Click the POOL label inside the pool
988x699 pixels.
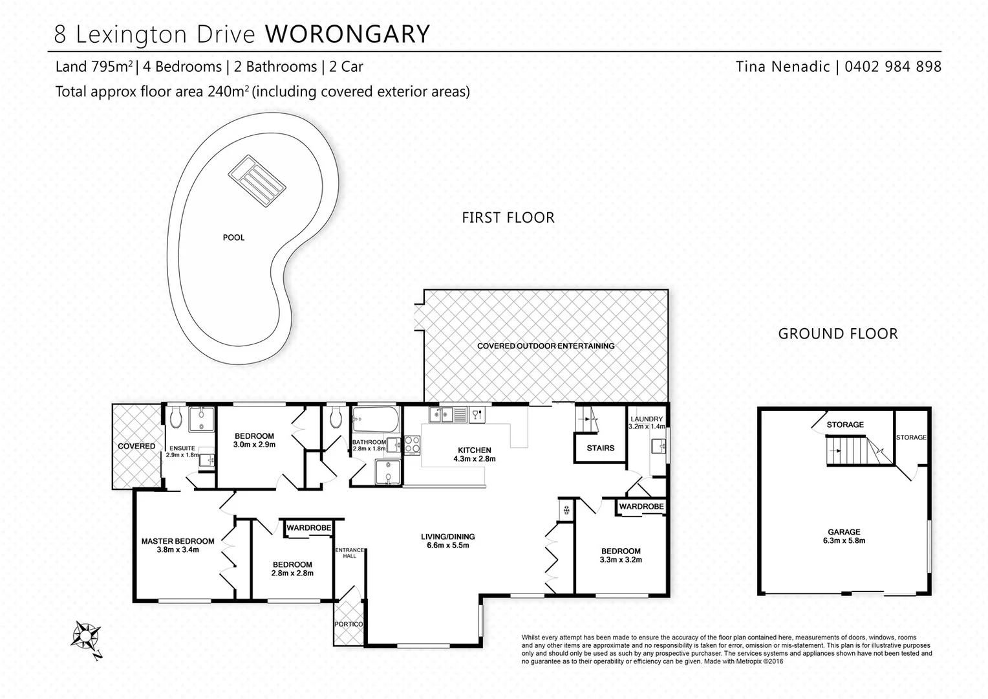pyautogui.click(x=233, y=238)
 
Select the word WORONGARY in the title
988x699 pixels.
pyautogui.click(x=347, y=34)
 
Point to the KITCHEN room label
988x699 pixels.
pyautogui.click(x=475, y=450)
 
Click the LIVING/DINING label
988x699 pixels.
pyautogui.click(x=447, y=537)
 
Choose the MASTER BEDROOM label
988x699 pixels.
pyautogui.click(x=178, y=541)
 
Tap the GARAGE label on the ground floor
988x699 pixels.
pyautogui.click(x=844, y=532)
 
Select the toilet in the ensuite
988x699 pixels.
pyautogui.click(x=176, y=419)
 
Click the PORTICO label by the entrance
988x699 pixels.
pyautogui.click(x=349, y=625)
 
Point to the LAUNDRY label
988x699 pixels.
pyautogui.click(x=647, y=419)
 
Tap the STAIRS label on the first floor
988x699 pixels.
pyautogui.click(x=600, y=448)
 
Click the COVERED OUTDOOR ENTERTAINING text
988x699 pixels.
pyautogui.click(x=546, y=346)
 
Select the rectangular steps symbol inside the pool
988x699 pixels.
pyautogui.click(x=257, y=181)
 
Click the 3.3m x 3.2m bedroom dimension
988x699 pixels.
pyautogui.click(x=621, y=560)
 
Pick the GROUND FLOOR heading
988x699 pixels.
pyautogui.click(x=837, y=334)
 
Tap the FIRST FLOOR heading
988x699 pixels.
pyautogui.click(x=508, y=217)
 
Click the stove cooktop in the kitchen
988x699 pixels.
pyautogui.click(x=412, y=445)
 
